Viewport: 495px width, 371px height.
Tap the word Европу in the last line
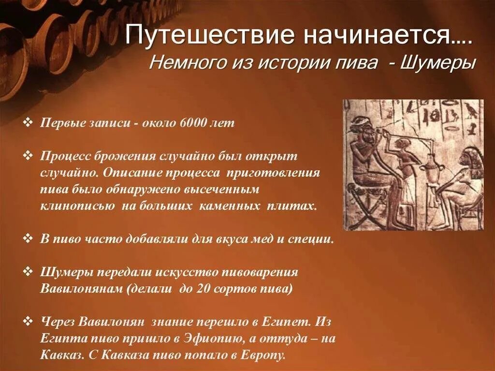pyautogui.click(x=268, y=355)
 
